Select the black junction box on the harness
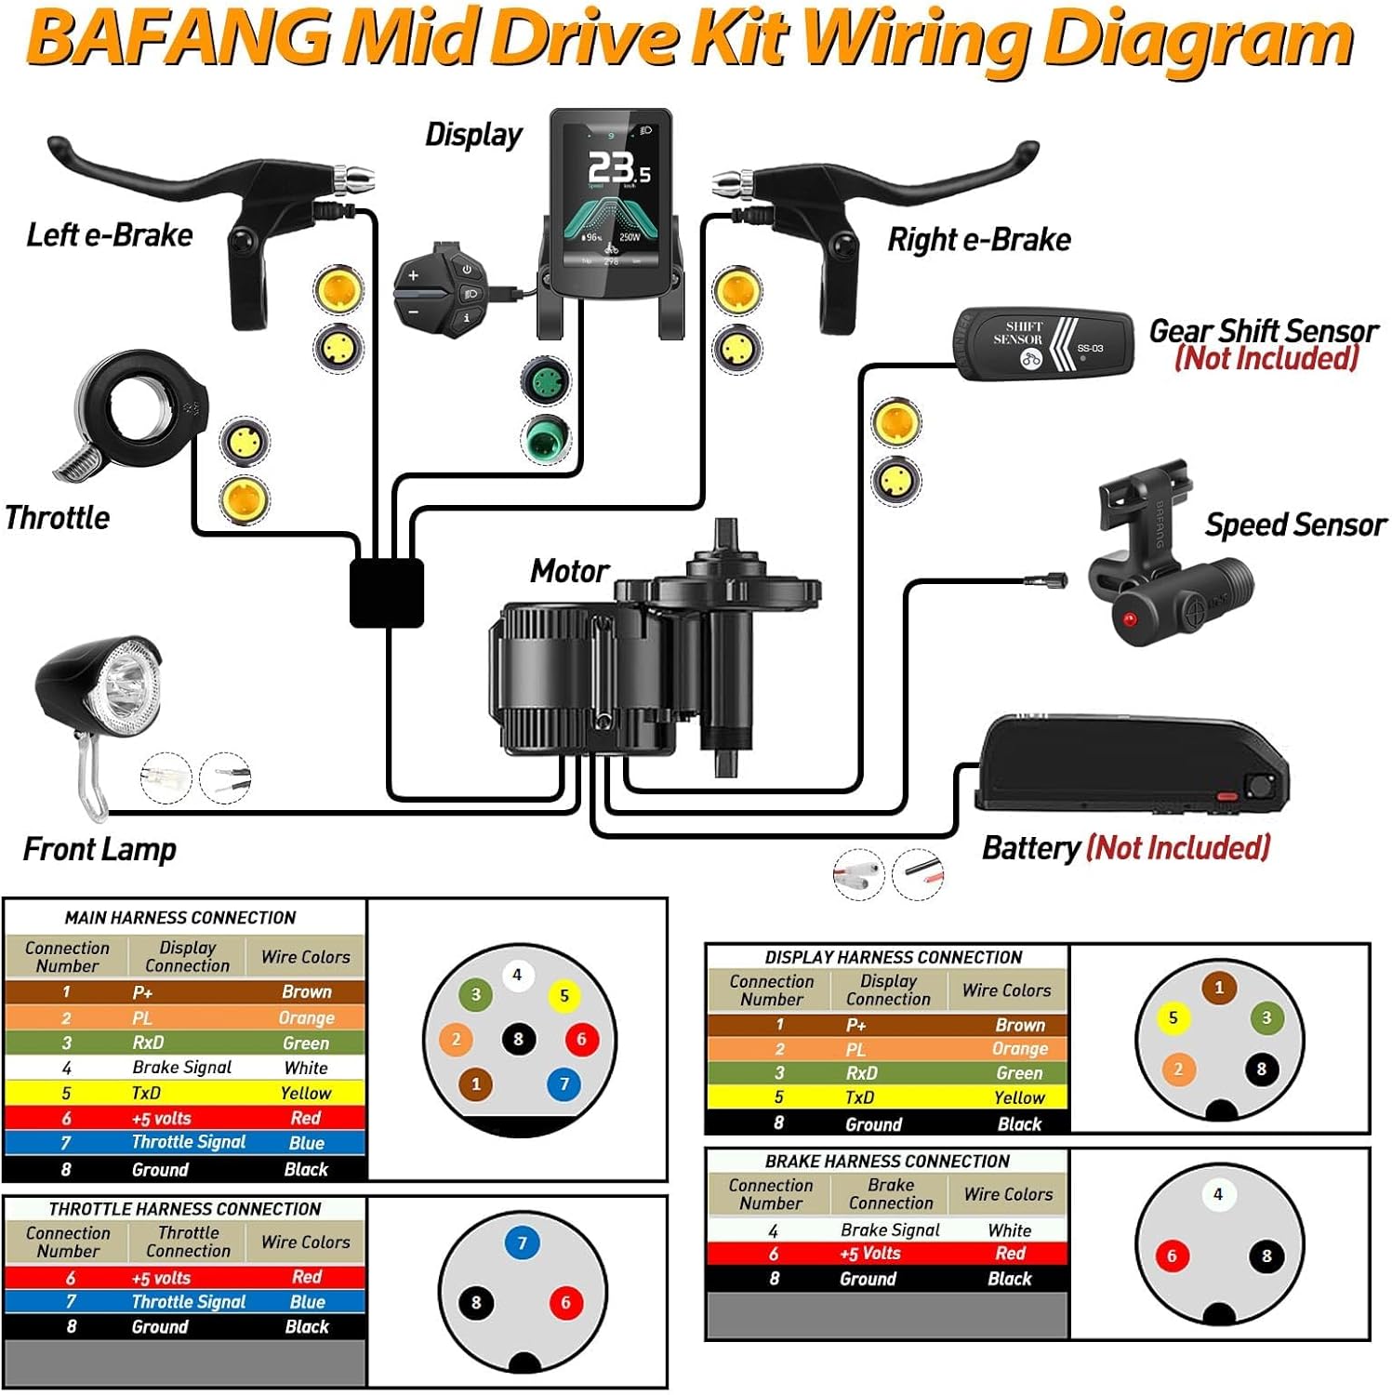point(387,591)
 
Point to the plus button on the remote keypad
point(414,275)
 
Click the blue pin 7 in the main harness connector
point(563,1083)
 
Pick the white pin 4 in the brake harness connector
point(1218,1194)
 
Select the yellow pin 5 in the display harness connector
point(1173,1017)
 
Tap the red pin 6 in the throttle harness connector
point(564,1303)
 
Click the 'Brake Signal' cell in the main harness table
point(181,1068)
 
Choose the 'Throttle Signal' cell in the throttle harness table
point(188,1302)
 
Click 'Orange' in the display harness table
point(1019,1049)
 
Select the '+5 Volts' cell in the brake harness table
point(869,1254)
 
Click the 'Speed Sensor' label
point(1294,525)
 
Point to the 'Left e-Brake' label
point(109,235)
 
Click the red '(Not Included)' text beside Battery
point(1178,848)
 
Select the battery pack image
point(1130,764)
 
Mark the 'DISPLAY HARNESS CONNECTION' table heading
point(893,957)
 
